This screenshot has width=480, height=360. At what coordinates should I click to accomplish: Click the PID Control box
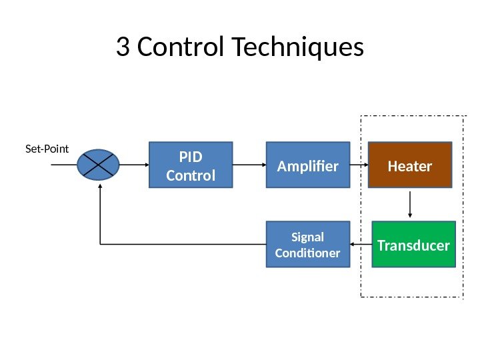(x=190, y=165)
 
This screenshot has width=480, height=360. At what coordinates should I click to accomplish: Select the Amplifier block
(x=308, y=165)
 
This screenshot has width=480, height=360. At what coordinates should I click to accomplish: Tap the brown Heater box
(x=409, y=165)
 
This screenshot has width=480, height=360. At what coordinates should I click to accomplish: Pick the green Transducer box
(x=413, y=245)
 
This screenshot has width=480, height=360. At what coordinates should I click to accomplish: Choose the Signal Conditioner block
(x=308, y=245)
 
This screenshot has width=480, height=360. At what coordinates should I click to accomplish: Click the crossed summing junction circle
(x=99, y=165)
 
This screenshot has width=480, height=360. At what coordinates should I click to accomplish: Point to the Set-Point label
(x=47, y=149)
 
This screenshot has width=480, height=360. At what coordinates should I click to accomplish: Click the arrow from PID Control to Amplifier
(x=249, y=165)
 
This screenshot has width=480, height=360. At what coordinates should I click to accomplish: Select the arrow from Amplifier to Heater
(x=359, y=165)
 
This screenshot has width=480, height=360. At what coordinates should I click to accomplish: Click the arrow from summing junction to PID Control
(x=133, y=165)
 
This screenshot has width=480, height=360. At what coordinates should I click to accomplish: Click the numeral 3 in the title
(x=123, y=47)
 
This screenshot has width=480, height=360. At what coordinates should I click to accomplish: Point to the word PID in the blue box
(x=190, y=158)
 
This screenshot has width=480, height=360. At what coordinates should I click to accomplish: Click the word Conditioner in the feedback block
(x=308, y=253)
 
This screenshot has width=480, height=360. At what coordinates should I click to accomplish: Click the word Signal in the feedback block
(x=308, y=237)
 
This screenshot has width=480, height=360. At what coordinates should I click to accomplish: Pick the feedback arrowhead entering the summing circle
(x=99, y=187)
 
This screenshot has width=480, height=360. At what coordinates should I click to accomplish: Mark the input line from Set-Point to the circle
(x=64, y=165)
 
